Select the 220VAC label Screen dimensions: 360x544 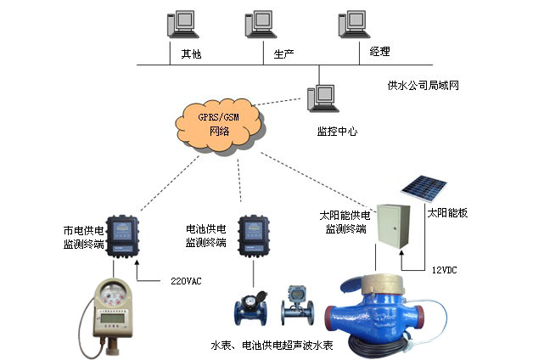187,280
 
